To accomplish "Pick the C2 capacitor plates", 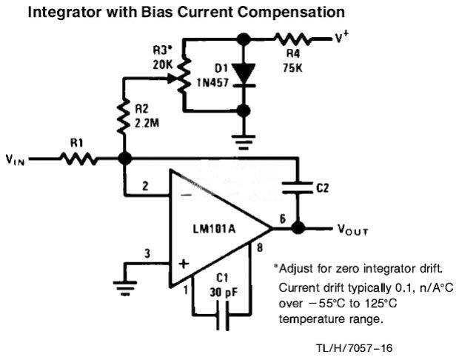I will pos(299,189).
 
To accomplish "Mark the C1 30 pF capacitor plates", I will pos(220,321).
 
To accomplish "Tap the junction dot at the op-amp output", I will pos(298,228).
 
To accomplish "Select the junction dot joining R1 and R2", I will pos(124,158).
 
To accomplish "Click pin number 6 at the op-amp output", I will pos(283,218).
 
